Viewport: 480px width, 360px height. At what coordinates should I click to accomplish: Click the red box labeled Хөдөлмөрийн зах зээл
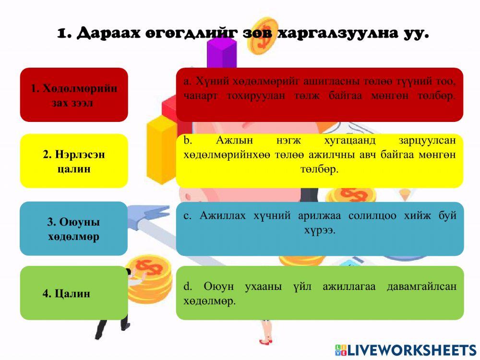(x=74, y=95)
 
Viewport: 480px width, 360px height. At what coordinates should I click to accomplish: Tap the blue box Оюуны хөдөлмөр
(x=73, y=228)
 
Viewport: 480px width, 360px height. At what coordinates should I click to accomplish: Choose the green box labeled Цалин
(x=73, y=293)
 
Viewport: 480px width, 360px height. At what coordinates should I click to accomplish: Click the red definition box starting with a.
(x=319, y=95)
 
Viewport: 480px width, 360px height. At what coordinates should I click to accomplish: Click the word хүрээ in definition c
(x=319, y=230)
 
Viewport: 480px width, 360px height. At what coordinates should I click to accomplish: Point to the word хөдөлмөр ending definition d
(x=209, y=301)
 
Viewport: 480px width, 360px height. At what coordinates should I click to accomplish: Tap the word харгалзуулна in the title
(x=340, y=34)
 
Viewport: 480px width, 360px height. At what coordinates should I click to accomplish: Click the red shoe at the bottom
(x=265, y=341)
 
